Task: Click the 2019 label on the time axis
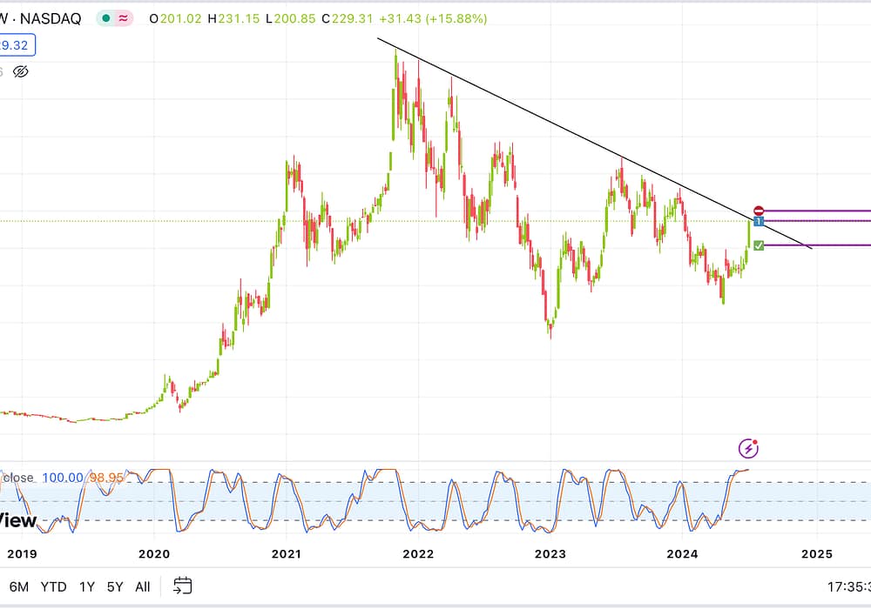(x=21, y=553)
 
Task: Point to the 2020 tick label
(x=153, y=553)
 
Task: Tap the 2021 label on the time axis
(x=287, y=553)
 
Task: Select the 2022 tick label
(x=419, y=553)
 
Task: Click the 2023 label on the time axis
(x=551, y=553)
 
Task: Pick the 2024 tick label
(x=684, y=553)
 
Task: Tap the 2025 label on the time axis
(x=817, y=553)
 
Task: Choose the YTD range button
(x=54, y=586)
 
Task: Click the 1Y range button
(x=87, y=586)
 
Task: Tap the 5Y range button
(x=115, y=586)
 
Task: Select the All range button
(x=143, y=586)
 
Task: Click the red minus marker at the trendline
(x=759, y=211)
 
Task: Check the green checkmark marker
(x=759, y=246)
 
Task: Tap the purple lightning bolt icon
(x=748, y=448)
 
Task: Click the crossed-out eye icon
(x=22, y=71)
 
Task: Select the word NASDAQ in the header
(x=52, y=18)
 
